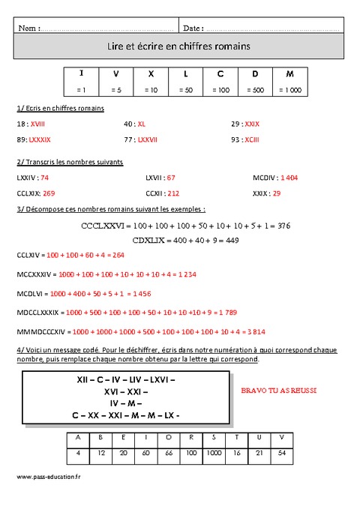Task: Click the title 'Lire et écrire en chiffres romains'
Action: point(179,46)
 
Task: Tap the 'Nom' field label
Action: point(26,28)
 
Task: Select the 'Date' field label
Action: point(192,28)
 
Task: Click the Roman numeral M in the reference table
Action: point(289,74)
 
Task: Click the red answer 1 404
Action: point(289,178)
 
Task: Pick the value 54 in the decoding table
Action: point(281,454)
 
